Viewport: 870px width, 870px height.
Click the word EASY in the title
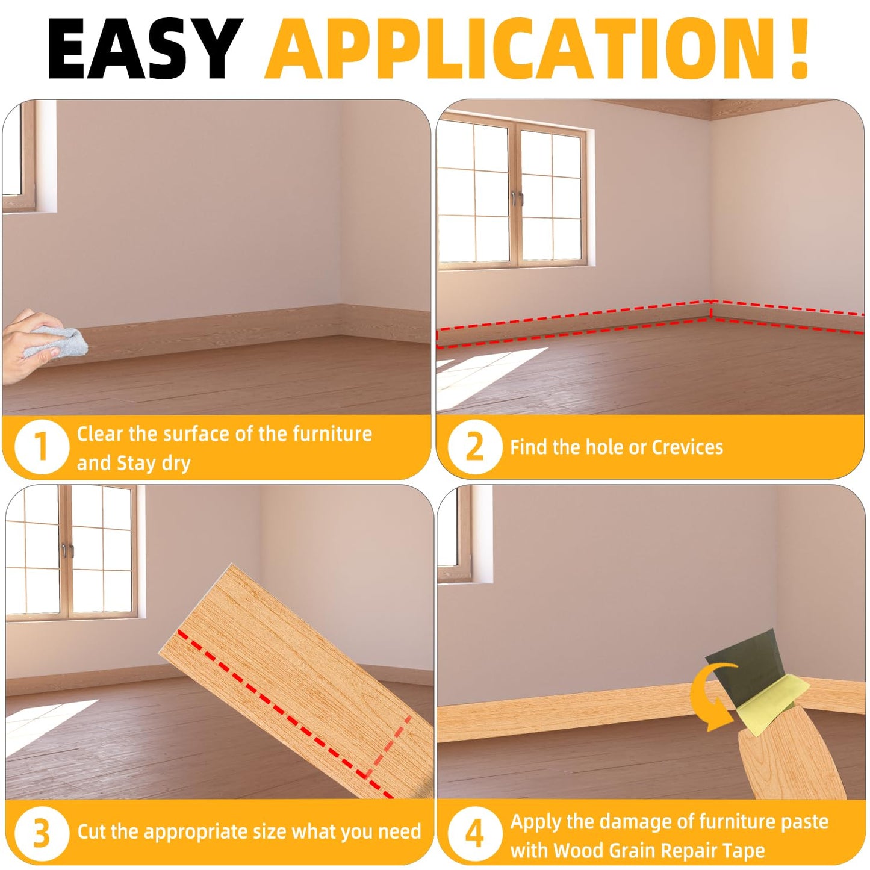[x=144, y=49]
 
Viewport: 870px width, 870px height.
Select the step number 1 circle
[x=40, y=447]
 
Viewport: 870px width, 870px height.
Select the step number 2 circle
[x=474, y=447]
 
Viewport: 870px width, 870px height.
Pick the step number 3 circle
[x=40, y=833]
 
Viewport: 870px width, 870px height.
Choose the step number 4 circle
[x=474, y=833]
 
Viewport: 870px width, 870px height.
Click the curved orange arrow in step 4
[x=713, y=698]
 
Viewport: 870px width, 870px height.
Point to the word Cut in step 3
[x=92, y=831]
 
